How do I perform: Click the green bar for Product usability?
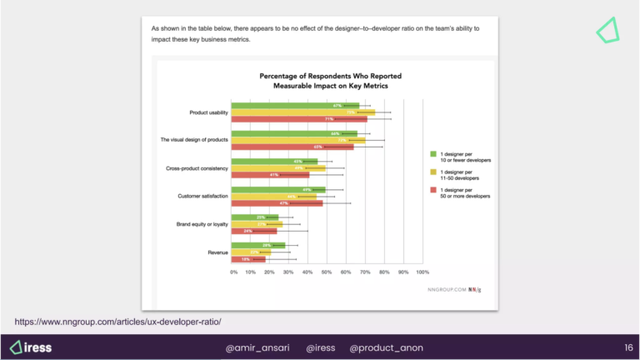coord(295,106)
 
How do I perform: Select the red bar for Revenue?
coord(248,259)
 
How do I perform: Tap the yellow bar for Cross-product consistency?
coord(278,168)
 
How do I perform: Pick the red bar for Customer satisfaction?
coord(277,203)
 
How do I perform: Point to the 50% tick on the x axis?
coord(327,272)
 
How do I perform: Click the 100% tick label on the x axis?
coord(422,272)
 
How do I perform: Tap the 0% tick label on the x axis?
coord(233,272)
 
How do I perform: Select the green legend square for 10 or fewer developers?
coord(433,153)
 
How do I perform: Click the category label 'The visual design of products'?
coord(194,140)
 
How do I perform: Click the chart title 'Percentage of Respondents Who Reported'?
coord(324,75)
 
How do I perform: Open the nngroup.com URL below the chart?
coord(118,321)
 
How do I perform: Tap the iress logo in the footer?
coord(31,347)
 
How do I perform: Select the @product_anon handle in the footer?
coord(386,347)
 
